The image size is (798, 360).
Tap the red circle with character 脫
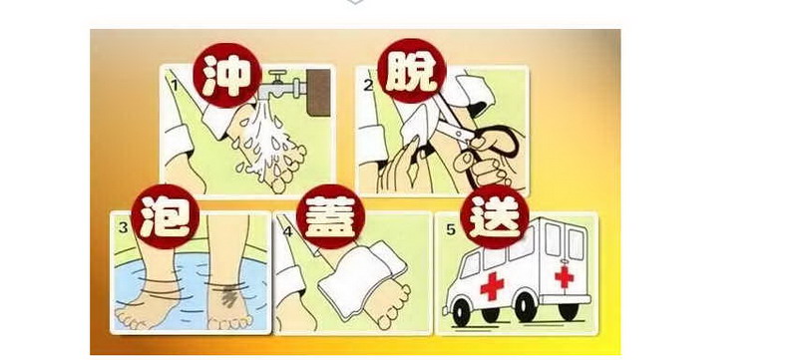tap(412, 71)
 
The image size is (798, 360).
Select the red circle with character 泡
tap(165, 216)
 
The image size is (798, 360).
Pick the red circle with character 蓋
tap(331, 216)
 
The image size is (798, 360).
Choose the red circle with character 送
tap(494, 217)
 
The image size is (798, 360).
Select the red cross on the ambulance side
tap(492, 286)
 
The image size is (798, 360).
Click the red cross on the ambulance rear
tap(564, 276)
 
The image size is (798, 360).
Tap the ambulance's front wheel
tap(461, 312)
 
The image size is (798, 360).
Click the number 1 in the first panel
tap(175, 85)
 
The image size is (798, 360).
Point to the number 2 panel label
tap(368, 85)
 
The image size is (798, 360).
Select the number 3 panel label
tap(123, 227)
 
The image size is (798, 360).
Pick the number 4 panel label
tap(288, 231)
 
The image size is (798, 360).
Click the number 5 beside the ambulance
tap(451, 229)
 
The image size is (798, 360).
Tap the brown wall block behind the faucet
tap(318, 92)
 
